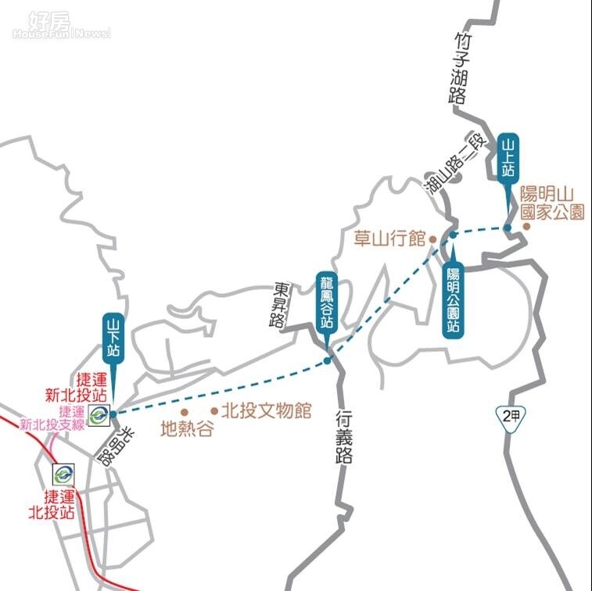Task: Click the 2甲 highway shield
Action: coord(511,416)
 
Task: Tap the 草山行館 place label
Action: coord(389,238)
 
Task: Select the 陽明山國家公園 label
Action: coord(552,202)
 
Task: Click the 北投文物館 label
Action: coord(266,410)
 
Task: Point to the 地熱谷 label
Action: coord(186,428)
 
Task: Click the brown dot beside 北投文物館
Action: coord(213,410)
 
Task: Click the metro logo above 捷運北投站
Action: coord(63,473)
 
